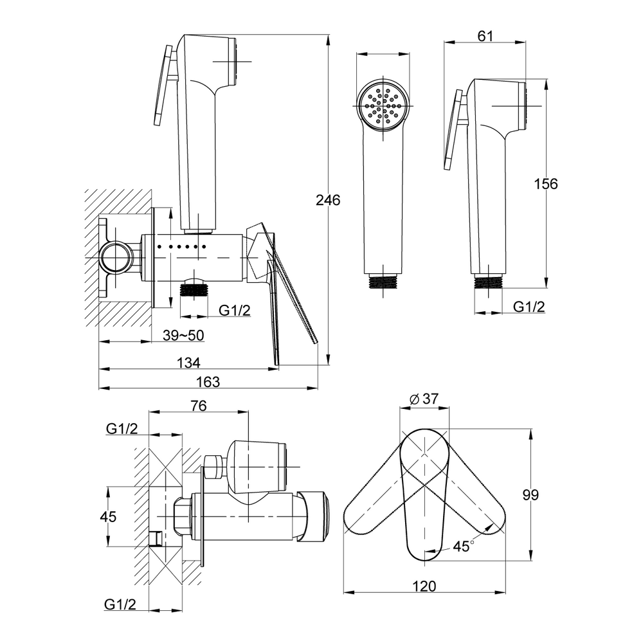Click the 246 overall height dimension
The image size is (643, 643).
pyautogui.click(x=328, y=200)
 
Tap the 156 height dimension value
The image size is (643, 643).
pyautogui.click(x=545, y=184)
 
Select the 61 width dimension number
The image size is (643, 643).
pyautogui.click(x=485, y=36)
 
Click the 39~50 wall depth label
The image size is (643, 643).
pyautogui.click(x=183, y=336)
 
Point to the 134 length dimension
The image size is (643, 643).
pyautogui.click(x=188, y=363)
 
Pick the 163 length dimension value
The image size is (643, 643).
pyautogui.click(x=208, y=382)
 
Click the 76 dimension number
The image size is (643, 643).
pyautogui.click(x=199, y=406)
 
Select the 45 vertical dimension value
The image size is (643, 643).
pyautogui.click(x=108, y=517)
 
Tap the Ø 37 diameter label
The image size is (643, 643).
pyautogui.click(x=424, y=399)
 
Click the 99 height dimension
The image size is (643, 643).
pyautogui.click(x=530, y=495)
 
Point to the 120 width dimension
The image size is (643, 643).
pyautogui.click(x=424, y=586)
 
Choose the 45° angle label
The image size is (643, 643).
pyautogui.click(x=464, y=546)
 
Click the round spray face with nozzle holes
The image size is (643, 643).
pyautogui.click(x=383, y=105)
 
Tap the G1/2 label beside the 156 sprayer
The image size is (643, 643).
pyautogui.click(x=529, y=307)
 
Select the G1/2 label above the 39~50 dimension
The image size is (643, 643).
pyautogui.click(x=234, y=311)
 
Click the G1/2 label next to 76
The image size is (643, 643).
pyautogui.click(x=122, y=428)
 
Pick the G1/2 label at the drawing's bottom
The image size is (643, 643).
pyautogui.click(x=120, y=604)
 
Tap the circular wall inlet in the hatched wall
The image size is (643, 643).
pyautogui.click(x=116, y=258)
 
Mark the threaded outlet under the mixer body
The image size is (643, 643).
pyautogui.click(x=194, y=292)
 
